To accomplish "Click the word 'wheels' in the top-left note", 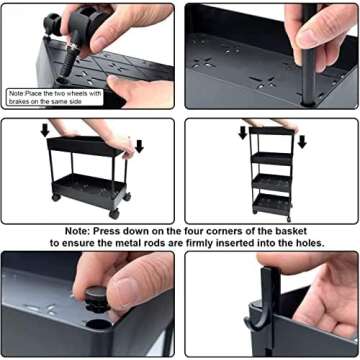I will pyautogui.click(x=82, y=92).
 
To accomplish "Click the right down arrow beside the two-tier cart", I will pyautogui.click(x=138, y=147).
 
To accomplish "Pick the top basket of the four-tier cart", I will pyautogui.click(x=271, y=137).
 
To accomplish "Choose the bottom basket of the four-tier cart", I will pyautogui.click(x=271, y=203).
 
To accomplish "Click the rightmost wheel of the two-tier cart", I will pyautogui.click(x=128, y=213).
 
